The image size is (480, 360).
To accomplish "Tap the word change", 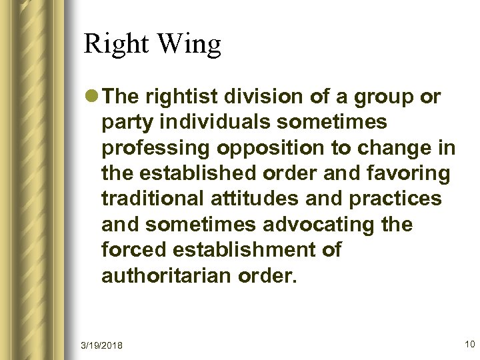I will pos(397,148).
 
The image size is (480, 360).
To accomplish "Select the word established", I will pos(198,173).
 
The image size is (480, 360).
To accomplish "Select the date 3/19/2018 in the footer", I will pos(103,345).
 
